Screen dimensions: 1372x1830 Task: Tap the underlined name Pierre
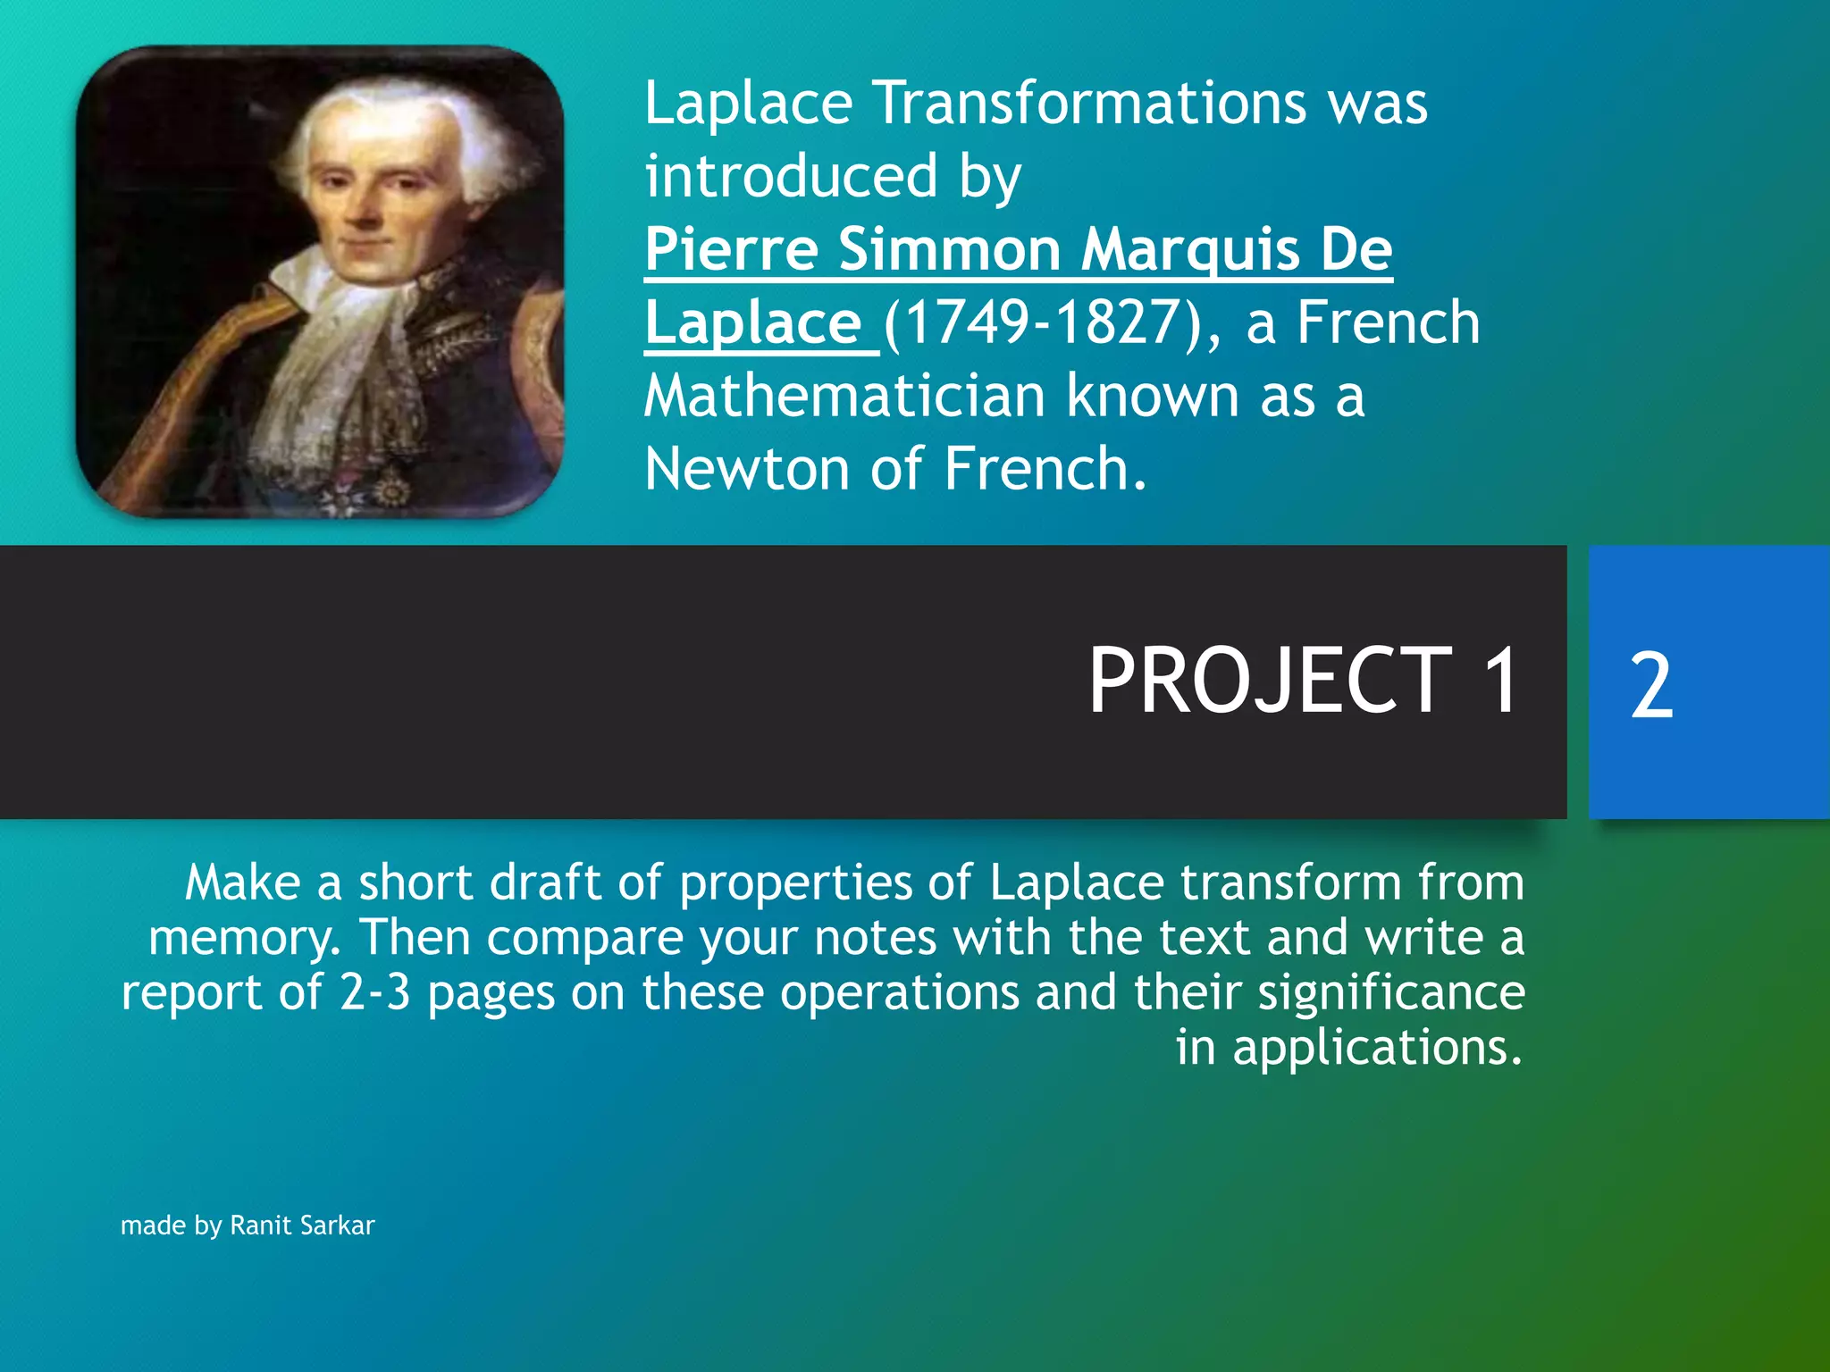(731, 249)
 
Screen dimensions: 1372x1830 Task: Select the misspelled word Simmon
(949, 249)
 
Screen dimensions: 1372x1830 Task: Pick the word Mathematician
(844, 396)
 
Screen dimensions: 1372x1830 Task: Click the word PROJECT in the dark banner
(1269, 682)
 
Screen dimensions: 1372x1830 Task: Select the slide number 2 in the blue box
(1650, 686)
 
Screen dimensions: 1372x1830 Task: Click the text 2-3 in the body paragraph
(374, 993)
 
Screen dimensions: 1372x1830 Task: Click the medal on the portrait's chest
(390, 490)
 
